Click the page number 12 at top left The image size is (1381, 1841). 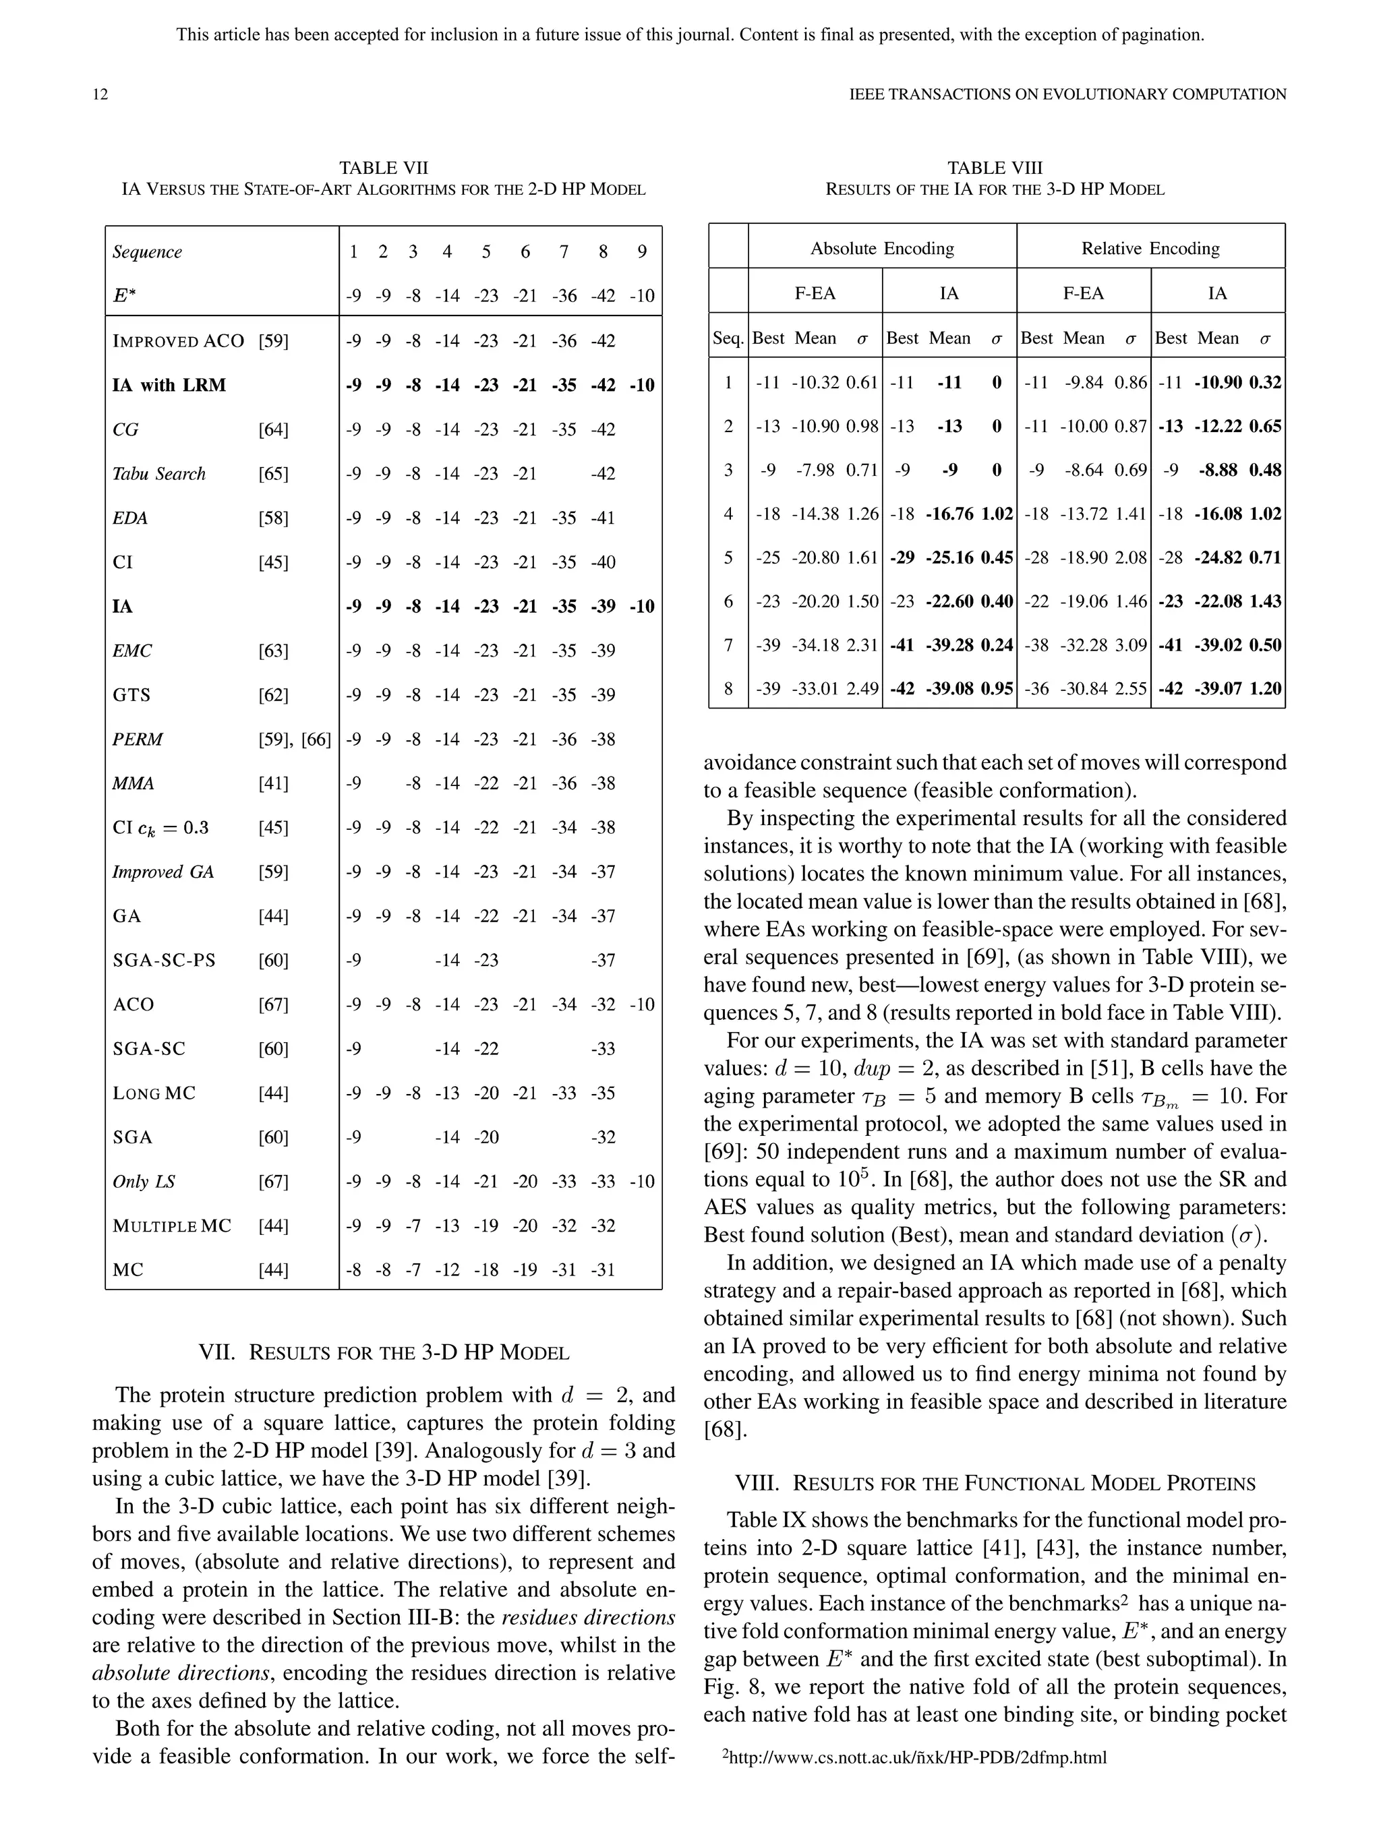[100, 94]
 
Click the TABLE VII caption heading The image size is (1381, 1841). [383, 168]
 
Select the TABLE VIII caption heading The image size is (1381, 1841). [995, 168]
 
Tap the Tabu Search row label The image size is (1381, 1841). [159, 474]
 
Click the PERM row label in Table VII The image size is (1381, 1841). [138, 739]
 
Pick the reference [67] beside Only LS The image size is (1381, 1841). [273, 1181]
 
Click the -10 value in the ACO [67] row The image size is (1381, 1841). [641, 1004]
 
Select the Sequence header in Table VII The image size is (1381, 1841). [148, 252]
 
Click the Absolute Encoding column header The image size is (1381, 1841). [883, 248]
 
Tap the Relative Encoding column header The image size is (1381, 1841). [1150, 248]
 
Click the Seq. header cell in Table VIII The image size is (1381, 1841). [728, 338]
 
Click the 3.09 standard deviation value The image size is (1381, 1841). [1130, 645]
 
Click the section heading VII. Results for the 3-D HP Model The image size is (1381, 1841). [383, 1352]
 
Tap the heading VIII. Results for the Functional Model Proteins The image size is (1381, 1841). [995, 1483]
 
